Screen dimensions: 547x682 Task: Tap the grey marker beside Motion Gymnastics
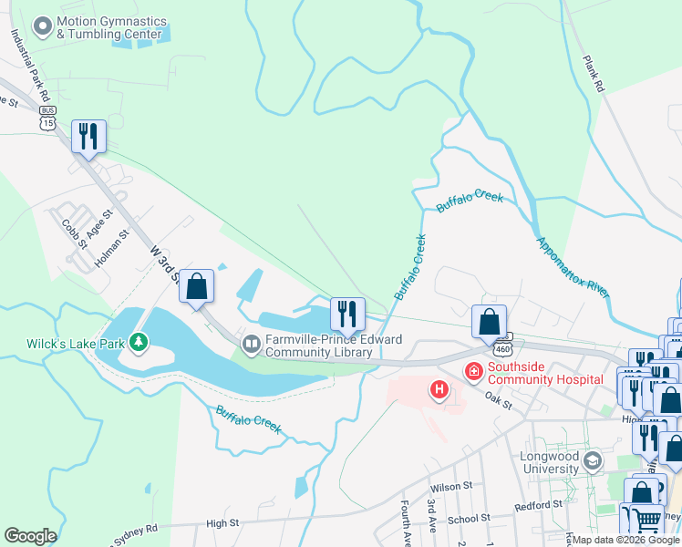pyautogui.click(x=41, y=27)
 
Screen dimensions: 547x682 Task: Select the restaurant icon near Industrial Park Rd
pyautogui.click(x=88, y=137)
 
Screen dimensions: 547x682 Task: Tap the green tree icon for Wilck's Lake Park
pyautogui.click(x=139, y=343)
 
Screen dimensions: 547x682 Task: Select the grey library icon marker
pyautogui.click(x=251, y=343)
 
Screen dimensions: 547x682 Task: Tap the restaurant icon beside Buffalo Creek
pyautogui.click(x=346, y=314)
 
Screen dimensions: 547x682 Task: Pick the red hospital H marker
pyautogui.click(x=439, y=390)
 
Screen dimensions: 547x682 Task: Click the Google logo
pyautogui.click(x=30, y=536)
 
